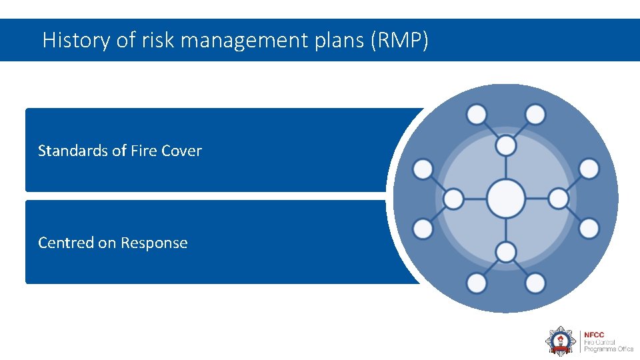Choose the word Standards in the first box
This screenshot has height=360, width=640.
[73, 151]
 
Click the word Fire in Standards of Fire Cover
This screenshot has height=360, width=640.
[143, 151]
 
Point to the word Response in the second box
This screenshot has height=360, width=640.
[154, 243]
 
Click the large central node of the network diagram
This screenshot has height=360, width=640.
[505, 199]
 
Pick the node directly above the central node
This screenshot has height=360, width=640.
[506, 145]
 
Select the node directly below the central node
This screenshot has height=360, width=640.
[506, 252]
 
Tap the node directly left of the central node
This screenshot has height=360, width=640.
[453, 199]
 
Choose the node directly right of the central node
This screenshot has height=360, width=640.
[558, 199]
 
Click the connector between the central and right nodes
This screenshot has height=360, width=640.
[536, 199]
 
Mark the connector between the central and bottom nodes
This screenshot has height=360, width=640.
[506, 230]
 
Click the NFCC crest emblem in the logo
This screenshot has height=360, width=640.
[559, 341]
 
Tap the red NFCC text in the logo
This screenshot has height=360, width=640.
[595, 335]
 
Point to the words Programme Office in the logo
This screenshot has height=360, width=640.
[608, 349]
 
